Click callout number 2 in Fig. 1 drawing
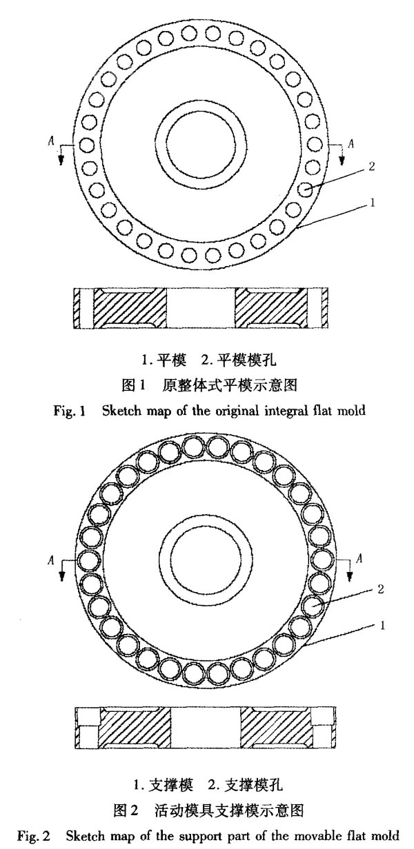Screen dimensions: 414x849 (x=371, y=166)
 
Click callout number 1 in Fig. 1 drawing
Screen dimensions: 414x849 (x=373, y=203)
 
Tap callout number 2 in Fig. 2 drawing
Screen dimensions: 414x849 (x=381, y=589)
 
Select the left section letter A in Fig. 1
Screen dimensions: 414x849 (x=51, y=141)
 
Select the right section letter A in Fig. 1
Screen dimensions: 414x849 (x=351, y=143)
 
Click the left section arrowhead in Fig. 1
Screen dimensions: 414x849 (x=60, y=161)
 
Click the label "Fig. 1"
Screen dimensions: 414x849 (x=70, y=411)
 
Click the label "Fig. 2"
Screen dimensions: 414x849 (x=34, y=836)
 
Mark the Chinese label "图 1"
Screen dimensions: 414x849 (x=134, y=385)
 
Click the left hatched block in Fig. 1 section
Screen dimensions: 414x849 (x=130, y=308)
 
